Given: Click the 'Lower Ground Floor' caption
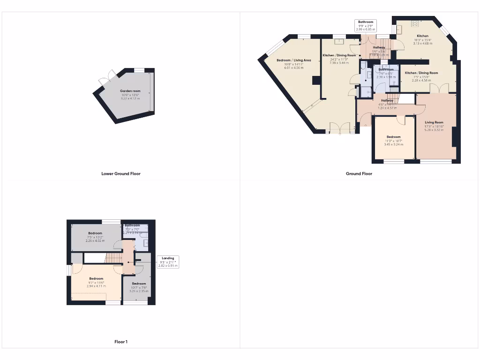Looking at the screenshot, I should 121,173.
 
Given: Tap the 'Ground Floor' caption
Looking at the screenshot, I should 359,173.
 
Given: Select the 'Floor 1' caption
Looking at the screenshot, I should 120,342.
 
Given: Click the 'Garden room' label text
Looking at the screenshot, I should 130,91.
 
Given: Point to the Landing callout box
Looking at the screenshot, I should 168,262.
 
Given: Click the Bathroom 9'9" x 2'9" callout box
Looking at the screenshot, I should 366,25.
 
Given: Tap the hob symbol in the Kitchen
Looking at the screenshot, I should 415,23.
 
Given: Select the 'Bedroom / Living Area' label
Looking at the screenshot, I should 294,60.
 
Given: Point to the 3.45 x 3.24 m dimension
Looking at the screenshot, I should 393,144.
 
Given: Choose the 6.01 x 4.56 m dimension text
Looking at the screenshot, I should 294,68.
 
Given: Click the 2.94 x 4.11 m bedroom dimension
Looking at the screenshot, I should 96,286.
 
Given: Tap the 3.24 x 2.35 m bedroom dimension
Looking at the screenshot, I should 139,291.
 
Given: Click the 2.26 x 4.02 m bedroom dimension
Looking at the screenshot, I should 95,240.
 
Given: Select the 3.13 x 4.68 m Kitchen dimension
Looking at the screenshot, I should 422,44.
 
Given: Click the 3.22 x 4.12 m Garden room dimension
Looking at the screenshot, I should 130,98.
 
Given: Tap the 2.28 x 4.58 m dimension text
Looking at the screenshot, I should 421,80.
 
